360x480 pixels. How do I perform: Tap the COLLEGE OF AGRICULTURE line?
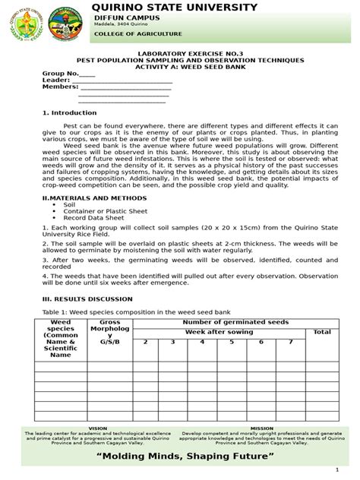click(x=137, y=34)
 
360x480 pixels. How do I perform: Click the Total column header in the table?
click(x=322, y=332)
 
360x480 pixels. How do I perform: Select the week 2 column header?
click(x=145, y=342)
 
